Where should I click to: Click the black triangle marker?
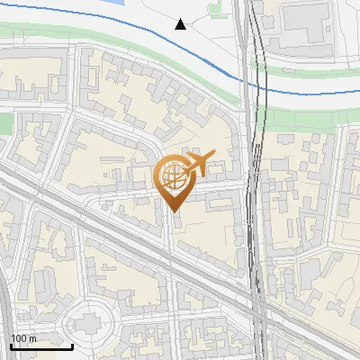pos(181,24)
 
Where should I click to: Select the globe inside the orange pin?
pos(173,178)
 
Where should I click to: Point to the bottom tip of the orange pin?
pos(174,211)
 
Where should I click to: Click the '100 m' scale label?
pos(23,338)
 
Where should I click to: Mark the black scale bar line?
pos(41,346)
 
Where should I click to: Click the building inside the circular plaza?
pos(91,322)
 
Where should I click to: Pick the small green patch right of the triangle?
pos(214,10)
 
